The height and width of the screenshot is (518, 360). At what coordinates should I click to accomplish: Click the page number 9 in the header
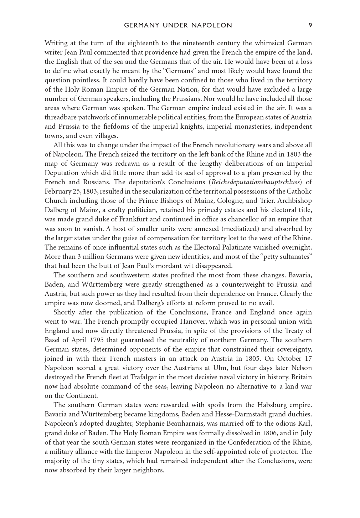pyautogui.click(x=310, y=25)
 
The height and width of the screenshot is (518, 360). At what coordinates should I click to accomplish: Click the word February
pyautogui.click(x=58, y=191)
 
